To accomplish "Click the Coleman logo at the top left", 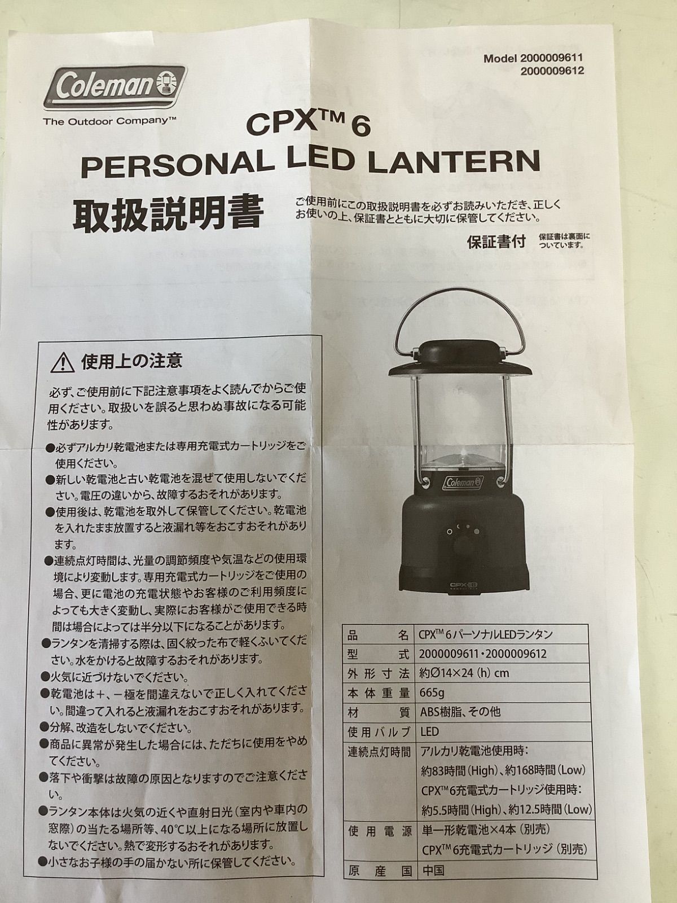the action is click(115, 87).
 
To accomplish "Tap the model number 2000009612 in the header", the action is click(552, 71).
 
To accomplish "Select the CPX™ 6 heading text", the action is click(308, 125).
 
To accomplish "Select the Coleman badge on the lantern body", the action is click(463, 482).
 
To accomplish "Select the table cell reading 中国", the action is click(433, 871).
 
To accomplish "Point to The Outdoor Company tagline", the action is click(109, 121).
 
